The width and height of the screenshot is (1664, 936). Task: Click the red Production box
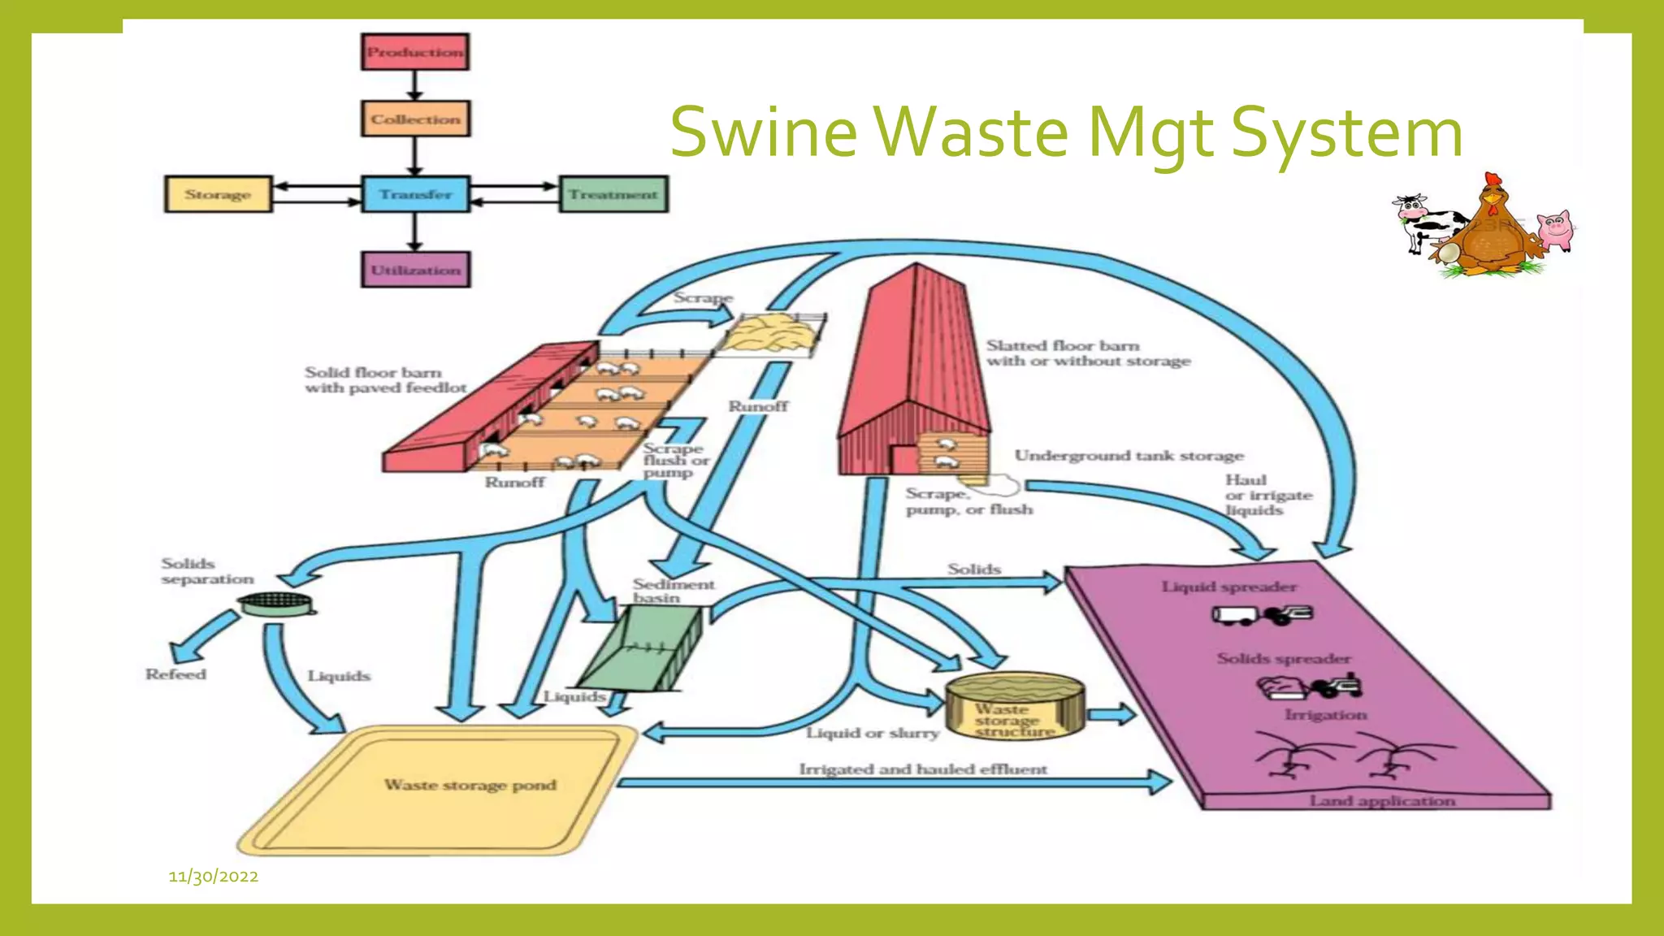point(415,52)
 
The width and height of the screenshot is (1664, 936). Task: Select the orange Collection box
point(415,119)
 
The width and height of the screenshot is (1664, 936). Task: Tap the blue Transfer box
point(415,195)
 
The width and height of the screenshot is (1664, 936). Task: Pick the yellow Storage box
point(218,195)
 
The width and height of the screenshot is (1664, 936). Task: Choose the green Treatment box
point(613,195)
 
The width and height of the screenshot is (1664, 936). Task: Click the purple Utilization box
point(415,270)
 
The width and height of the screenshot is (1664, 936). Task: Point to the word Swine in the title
point(763,132)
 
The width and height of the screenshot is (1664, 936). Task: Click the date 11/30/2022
point(214,876)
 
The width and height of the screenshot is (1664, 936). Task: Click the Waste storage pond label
point(470,785)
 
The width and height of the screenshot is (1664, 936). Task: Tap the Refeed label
point(175,674)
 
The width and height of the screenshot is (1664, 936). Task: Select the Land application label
point(1381,800)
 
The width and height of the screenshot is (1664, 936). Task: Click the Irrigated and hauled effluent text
point(923,769)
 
